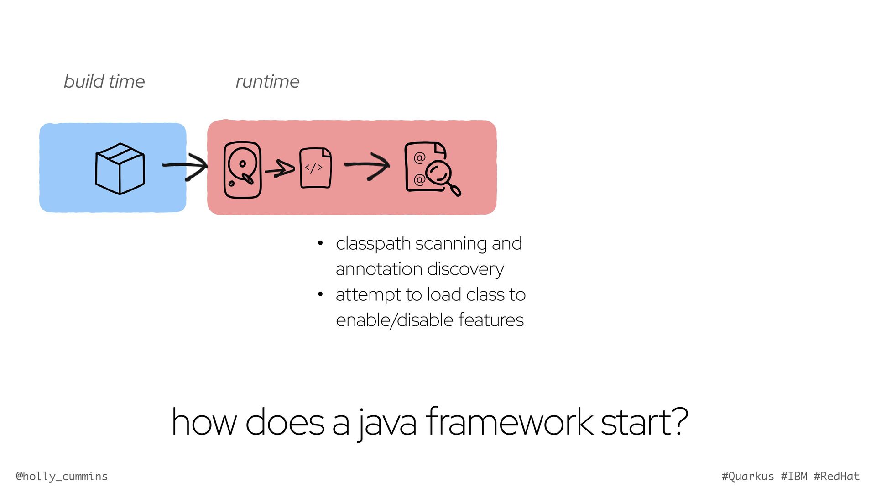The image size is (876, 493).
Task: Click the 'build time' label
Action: tap(104, 82)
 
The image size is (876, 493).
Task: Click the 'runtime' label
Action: tap(267, 82)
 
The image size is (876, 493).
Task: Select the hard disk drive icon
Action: tap(242, 170)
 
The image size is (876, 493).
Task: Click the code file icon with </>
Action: tap(315, 168)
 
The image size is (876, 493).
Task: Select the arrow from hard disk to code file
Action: tap(280, 169)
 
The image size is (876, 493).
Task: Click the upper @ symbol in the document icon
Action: tap(419, 158)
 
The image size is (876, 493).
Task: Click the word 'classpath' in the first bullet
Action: tap(373, 244)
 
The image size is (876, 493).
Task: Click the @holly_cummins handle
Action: tap(62, 477)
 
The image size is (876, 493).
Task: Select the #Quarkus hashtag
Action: tap(748, 477)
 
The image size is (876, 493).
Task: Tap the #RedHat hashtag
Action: tap(837, 477)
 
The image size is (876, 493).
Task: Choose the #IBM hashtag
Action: tap(794, 477)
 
